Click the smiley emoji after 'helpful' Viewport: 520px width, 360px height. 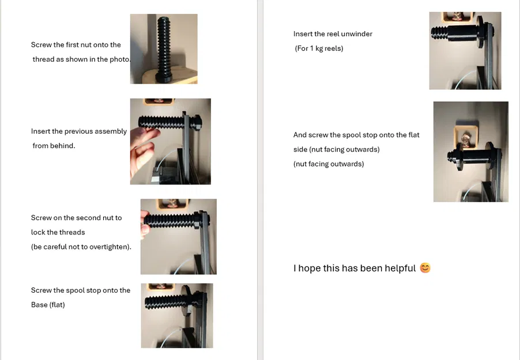[x=425, y=267]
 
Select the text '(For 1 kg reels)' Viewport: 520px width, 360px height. [x=319, y=48]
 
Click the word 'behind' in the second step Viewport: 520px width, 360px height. [x=63, y=146]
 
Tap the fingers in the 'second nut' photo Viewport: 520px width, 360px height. [x=145, y=224]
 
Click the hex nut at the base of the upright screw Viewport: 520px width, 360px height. [x=164, y=78]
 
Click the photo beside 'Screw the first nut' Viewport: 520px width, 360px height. [x=164, y=49]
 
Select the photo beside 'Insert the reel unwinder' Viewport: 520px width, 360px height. [x=465, y=51]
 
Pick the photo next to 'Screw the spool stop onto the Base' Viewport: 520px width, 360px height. [x=177, y=316]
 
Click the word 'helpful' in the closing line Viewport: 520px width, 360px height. [x=399, y=268]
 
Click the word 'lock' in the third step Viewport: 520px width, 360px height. [x=37, y=232]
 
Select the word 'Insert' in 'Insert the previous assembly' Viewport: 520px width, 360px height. [x=41, y=131]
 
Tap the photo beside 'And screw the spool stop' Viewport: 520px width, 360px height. [x=471, y=151]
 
